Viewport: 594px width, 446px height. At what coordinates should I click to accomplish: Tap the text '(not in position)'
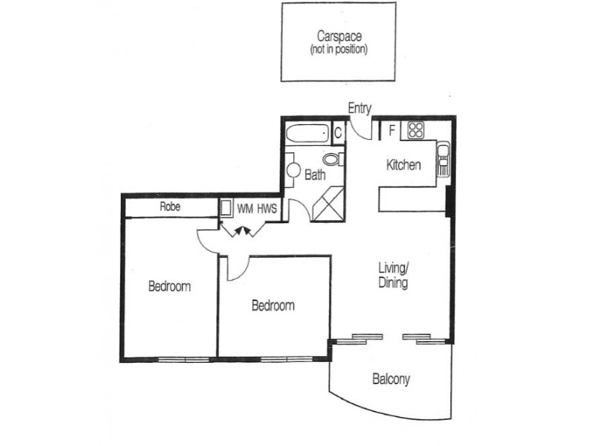338,50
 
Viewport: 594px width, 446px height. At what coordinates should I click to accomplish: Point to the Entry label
359,109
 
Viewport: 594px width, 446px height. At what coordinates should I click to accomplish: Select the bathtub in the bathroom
307,135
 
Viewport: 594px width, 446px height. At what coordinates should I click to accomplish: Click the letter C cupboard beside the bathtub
337,134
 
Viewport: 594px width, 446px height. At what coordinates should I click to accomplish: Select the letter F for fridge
391,132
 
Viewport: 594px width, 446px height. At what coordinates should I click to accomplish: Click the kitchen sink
443,158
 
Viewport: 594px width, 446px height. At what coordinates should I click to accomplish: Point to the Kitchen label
403,165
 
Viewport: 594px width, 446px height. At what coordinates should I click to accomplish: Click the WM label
244,209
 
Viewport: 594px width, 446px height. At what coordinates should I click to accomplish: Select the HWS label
267,209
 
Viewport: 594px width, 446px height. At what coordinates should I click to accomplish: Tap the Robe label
170,208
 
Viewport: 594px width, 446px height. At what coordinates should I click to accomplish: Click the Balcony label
391,380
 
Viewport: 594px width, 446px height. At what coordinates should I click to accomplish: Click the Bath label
315,176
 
